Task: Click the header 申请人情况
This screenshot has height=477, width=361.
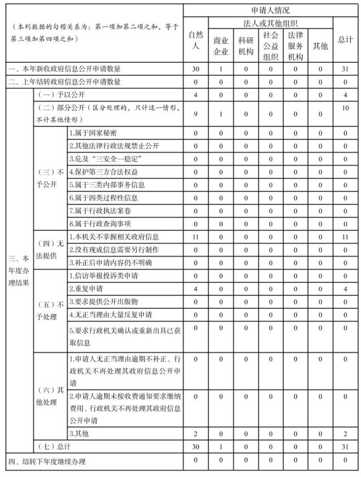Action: pyautogui.click(x=270, y=10)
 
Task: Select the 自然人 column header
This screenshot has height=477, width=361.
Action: pyautogui.click(x=196, y=40)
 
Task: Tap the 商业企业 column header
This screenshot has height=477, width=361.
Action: pyautogui.click(x=221, y=46)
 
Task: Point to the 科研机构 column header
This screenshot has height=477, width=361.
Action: pyautogui.click(x=245, y=46)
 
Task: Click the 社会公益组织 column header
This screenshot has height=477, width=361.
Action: pyautogui.click(x=270, y=46)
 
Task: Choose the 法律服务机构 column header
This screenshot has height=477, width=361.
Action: pyautogui.click(x=295, y=46)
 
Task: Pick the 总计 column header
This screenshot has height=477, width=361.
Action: pyautogui.click(x=345, y=40)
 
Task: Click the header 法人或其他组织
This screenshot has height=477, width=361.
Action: pyautogui.click(x=270, y=23)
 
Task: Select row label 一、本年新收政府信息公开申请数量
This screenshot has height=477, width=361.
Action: pyautogui.click(x=65, y=69)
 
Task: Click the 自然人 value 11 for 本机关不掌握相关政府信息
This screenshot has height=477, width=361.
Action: pyautogui.click(x=196, y=237)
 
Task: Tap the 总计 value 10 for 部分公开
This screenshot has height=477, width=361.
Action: pyautogui.click(x=345, y=109)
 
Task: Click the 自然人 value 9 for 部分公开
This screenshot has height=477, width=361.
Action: pyautogui.click(x=196, y=114)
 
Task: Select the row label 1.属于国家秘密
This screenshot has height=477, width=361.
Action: pyautogui.click(x=93, y=133)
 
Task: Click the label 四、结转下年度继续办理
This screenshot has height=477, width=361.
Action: pyautogui.click(x=46, y=461)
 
